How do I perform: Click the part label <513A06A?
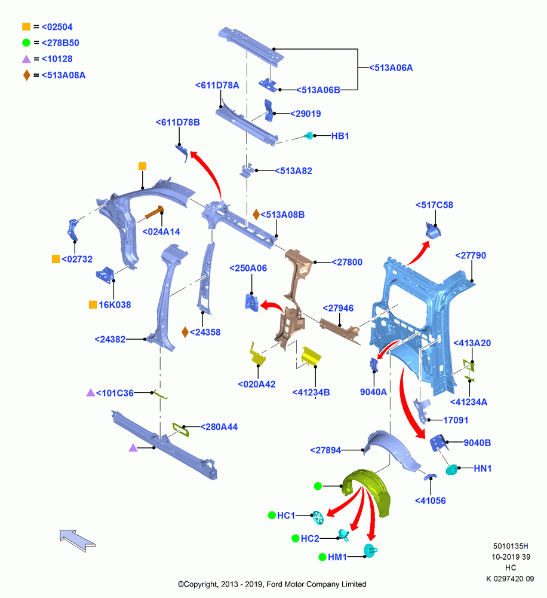tap(391, 68)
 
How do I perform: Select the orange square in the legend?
tap(26, 27)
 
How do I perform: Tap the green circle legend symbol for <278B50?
tap(26, 42)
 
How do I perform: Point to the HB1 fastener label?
tap(340, 136)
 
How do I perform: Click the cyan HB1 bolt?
tap(309, 135)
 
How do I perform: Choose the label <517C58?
tap(434, 205)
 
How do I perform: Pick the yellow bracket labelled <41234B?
tap(311, 356)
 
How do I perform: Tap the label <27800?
tap(346, 262)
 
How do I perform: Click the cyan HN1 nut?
tap(451, 469)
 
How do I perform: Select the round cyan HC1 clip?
tap(318, 517)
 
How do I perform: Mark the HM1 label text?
tap(337, 557)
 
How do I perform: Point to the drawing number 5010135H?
tap(511, 546)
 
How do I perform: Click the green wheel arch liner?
tap(367, 492)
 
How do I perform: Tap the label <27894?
tap(325, 450)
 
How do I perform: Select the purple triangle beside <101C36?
tap(91, 392)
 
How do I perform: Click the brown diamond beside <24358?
tap(185, 332)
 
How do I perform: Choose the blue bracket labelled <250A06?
tap(251, 303)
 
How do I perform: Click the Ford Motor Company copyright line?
tap(272, 584)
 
